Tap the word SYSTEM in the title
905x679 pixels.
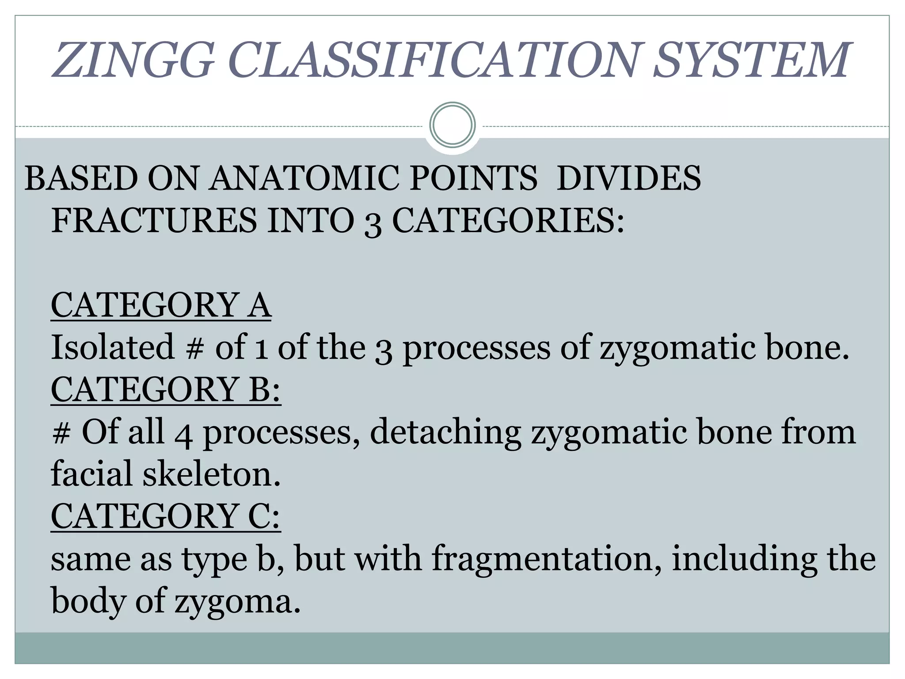(751, 60)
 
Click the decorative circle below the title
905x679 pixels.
(452, 125)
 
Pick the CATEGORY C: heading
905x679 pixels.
(166, 516)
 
